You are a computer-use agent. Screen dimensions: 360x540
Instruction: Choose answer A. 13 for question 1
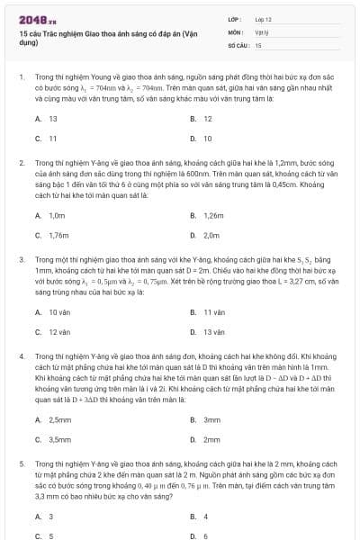[48, 119]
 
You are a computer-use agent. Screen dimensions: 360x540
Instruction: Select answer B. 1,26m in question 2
[208, 216]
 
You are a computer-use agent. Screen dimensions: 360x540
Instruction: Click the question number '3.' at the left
[21, 258]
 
